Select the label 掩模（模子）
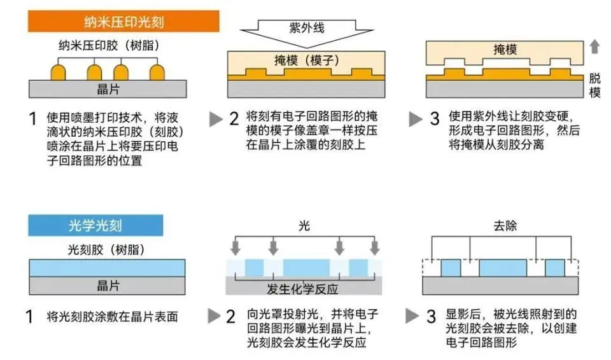[x=305, y=60]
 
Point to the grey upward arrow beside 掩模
[x=595, y=46]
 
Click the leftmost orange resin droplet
[x=59, y=71]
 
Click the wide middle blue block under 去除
[x=503, y=267]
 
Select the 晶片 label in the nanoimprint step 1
[x=108, y=89]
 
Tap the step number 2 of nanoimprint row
[x=234, y=119]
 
